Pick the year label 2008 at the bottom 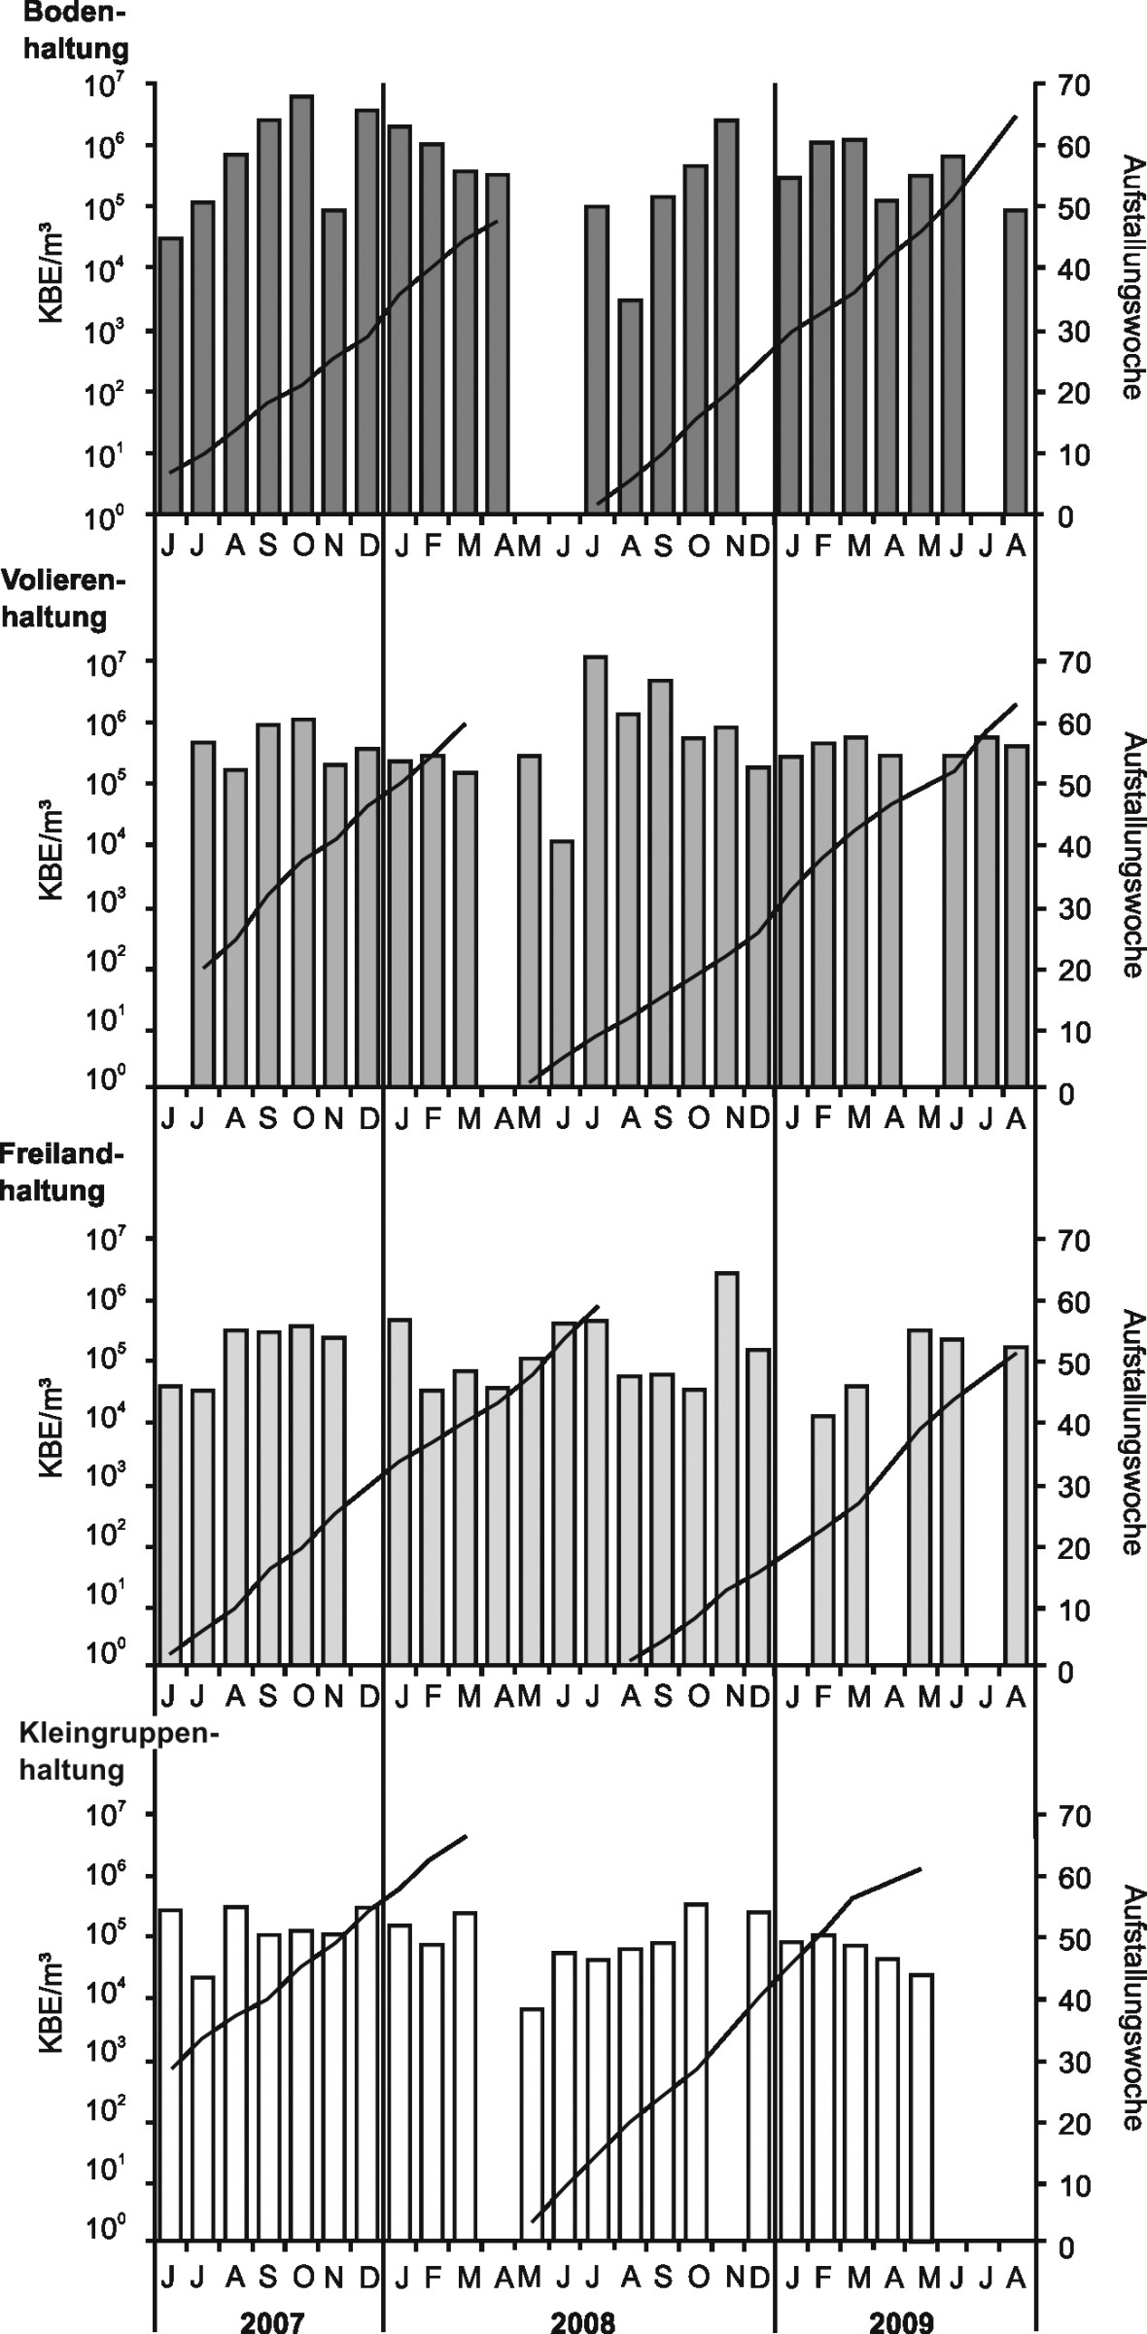coord(582,2319)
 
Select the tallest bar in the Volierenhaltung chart coord(596,870)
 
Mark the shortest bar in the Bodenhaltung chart coord(630,407)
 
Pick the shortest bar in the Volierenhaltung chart coord(562,963)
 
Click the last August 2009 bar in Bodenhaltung coord(1015,361)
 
